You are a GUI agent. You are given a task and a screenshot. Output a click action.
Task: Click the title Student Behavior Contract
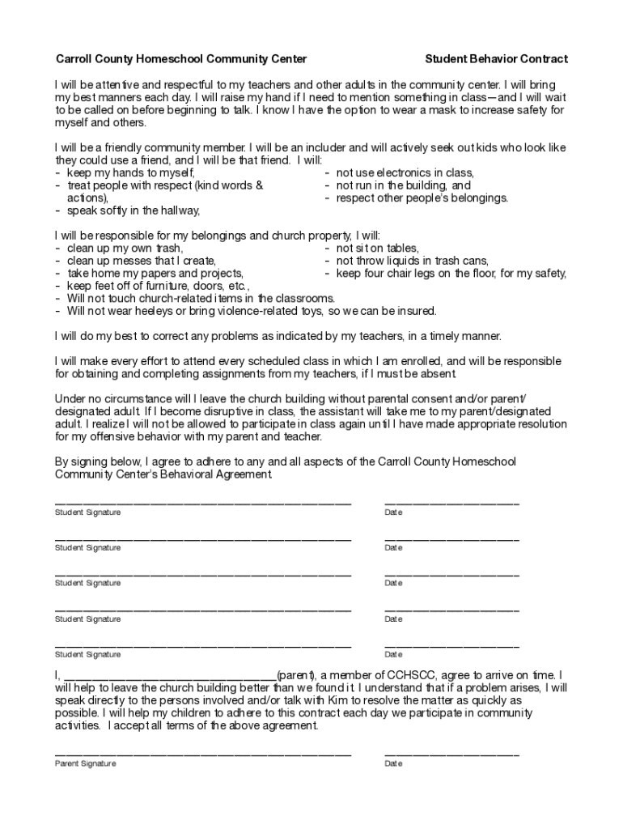tap(496, 59)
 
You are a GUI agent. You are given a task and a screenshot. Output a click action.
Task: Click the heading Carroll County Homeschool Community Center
tap(180, 59)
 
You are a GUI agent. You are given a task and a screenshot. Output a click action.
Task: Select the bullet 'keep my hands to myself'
tap(129, 172)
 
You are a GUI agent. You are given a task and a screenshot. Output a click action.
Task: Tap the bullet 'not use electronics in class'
tap(405, 172)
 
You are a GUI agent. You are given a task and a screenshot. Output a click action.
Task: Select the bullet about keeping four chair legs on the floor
tap(451, 274)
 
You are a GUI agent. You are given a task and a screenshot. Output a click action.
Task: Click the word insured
tap(414, 311)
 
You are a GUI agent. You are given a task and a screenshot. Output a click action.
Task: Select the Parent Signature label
tap(85, 763)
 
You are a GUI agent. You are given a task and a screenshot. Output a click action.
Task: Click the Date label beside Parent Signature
tap(393, 763)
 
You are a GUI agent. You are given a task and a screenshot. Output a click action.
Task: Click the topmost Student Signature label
tap(87, 512)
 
